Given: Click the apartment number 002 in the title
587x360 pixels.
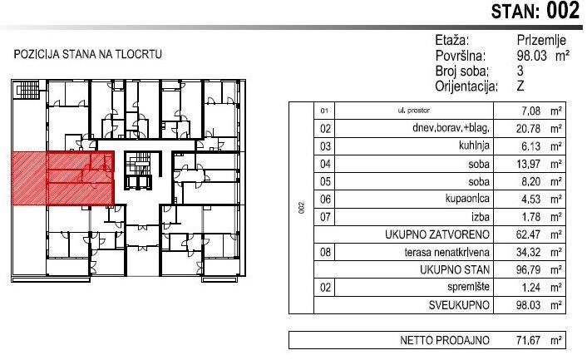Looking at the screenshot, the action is tap(563, 11).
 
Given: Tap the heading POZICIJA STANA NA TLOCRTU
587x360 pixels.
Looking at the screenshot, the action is tap(87, 54).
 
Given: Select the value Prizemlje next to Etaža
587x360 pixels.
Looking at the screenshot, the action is tap(541, 40).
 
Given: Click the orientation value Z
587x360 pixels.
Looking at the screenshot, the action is tap(520, 86).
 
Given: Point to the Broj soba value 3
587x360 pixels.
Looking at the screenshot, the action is tap(520, 71).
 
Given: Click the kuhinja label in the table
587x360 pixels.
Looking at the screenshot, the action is tap(474, 145).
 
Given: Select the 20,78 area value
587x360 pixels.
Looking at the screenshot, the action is tap(528, 128).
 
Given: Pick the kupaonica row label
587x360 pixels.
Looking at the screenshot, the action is tap(467, 199).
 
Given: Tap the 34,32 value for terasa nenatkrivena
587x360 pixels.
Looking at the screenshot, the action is tap(528, 252).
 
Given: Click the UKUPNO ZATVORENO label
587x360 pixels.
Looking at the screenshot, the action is tap(437, 234).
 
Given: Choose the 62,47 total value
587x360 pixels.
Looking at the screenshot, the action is tap(528, 234).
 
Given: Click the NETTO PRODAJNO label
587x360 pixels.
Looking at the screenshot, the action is tap(445, 340).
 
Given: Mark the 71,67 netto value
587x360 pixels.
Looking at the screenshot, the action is tap(528, 340).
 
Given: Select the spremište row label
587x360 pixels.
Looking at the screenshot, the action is tap(468, 287).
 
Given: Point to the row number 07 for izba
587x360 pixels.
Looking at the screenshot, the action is tap(325, 217).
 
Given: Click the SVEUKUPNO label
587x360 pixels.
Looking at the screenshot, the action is tap(459, 305).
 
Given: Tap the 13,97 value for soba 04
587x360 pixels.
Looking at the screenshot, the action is tap(528, 164).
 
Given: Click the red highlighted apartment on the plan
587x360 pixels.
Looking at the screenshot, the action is tap(62, 178).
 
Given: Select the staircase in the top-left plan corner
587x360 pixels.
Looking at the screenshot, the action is tap(28, 90).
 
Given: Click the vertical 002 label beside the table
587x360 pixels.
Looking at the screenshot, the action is tap(301, 208).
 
